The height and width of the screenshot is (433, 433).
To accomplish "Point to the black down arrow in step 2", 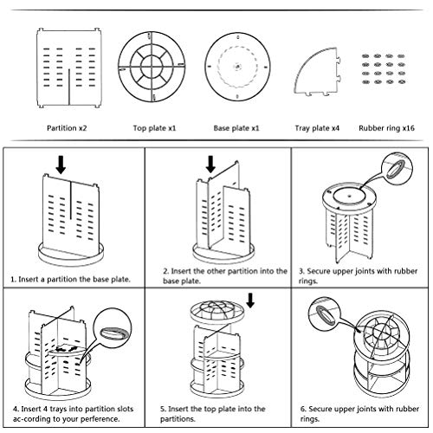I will (x=210, y=163).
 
